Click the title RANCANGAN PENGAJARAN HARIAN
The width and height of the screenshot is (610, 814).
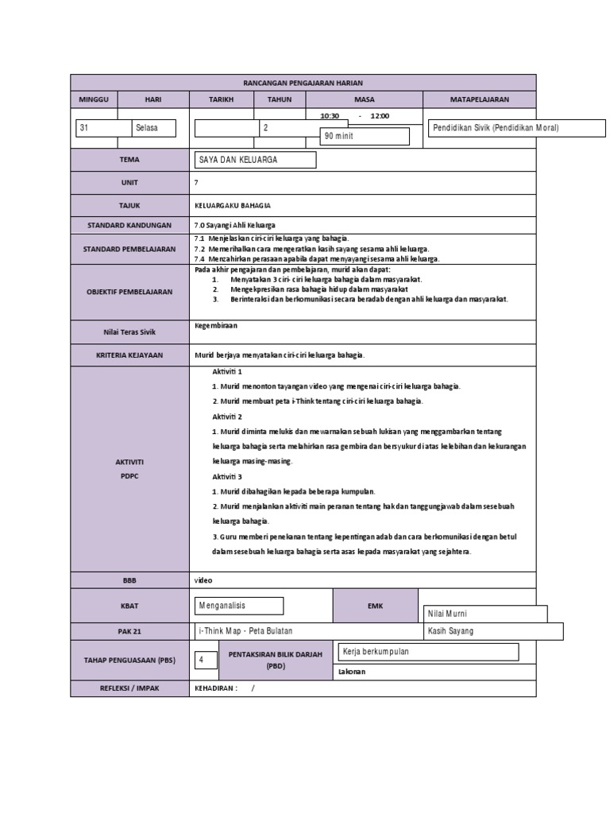click(x=303, y=83)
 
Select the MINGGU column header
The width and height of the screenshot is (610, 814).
click(x=94, y=99)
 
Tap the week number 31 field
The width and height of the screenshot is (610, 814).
click(x=103, y=128)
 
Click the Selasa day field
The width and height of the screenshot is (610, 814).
click(x=153, y=128)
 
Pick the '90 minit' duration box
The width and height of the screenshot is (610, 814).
click(x=364, y=137)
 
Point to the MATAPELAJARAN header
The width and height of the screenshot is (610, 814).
click(x=480, y=99)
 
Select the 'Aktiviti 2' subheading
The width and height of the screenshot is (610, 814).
click(x=228, y=417)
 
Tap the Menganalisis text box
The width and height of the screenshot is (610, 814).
click(x=239, y=606)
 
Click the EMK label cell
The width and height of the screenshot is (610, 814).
click(x=375, y=606)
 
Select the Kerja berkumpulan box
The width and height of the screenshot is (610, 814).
click(x=428, y=652)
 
